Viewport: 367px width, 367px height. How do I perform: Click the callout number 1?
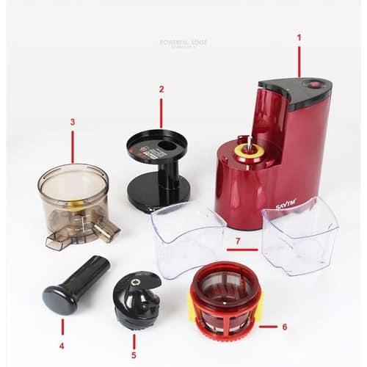(x=299, y=37)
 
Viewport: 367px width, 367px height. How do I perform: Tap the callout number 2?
(x=161, y=90)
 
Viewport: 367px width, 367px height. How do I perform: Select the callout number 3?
(x=72, y=122)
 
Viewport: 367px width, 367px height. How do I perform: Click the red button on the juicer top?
(x=314, y=84)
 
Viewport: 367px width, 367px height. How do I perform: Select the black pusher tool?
(x=73, y=283)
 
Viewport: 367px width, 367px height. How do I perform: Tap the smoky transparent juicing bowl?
(x=73, y=198)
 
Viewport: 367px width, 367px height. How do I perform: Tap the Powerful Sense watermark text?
(x=183, y=43)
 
